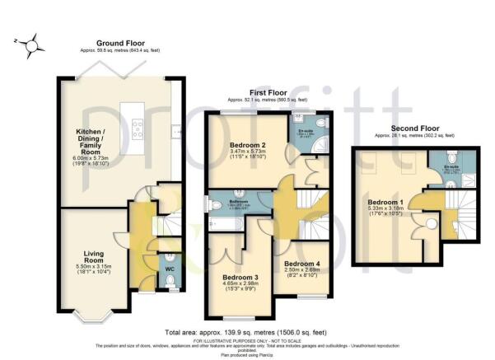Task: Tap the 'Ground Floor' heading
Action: point(120,42)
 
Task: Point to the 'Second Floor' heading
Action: point(405,129)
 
